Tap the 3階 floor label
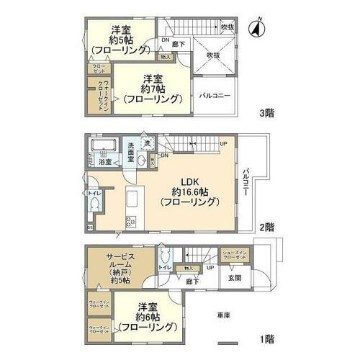click(266, 113)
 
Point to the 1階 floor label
click(266, 338)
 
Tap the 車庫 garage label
click(224, 315)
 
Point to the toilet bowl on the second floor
click(96, 203)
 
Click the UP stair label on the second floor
click(224, 143)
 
